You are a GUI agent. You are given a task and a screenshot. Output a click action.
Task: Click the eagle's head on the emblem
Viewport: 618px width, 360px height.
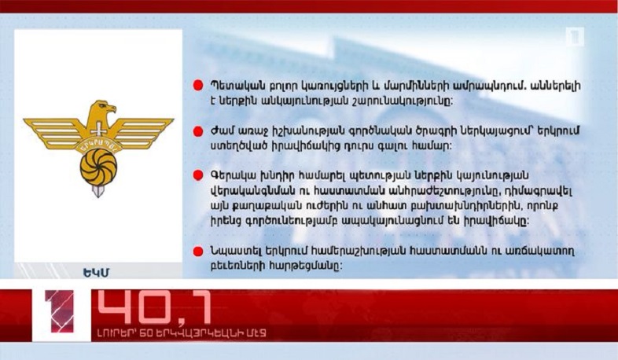point(101,109)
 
